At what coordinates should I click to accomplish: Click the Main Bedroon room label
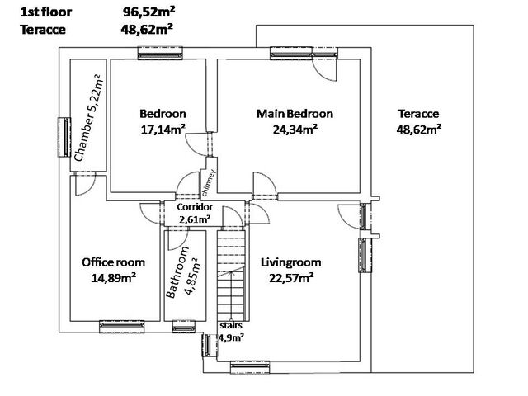[295, 114]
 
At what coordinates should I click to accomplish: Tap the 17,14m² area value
[163, 130]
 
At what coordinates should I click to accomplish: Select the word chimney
[208, 183]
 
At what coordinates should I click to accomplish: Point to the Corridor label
[195, 207]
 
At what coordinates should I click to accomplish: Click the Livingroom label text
[291, 262]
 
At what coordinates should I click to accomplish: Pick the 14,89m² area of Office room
[114, 278]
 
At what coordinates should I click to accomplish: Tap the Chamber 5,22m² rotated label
[88, 118]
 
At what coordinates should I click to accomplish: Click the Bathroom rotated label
[177, 273]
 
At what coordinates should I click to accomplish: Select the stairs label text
[231, 326]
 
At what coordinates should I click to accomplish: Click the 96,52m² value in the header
[148, 12]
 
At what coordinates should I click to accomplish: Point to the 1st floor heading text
[46, 12]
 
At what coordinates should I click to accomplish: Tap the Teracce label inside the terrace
[418, 114]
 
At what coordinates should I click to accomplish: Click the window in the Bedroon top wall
[160, 53]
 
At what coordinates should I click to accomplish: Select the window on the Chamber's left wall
[64, 138]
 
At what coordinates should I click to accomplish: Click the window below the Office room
[121, 327]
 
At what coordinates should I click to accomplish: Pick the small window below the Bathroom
[183, 327]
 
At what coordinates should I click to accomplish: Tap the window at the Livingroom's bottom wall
[250, 367]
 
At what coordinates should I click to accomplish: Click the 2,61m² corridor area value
[195, 219]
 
